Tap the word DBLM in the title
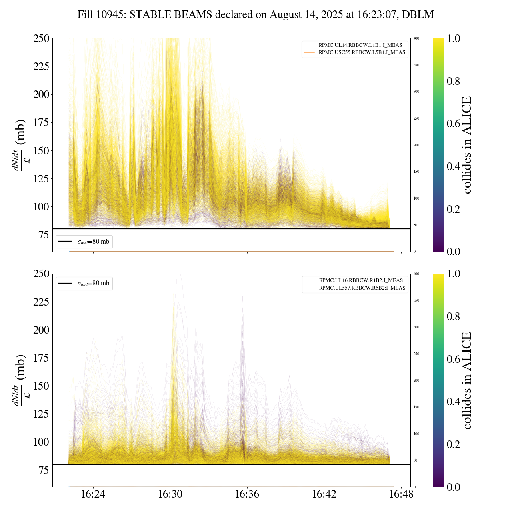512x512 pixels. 418,15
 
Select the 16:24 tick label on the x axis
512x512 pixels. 93,494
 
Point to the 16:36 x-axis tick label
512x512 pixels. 247,494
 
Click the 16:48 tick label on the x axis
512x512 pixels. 401,494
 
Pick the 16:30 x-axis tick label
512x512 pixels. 170,494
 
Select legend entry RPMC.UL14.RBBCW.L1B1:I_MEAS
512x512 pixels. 360,45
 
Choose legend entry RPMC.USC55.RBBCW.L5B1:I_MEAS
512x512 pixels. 362,52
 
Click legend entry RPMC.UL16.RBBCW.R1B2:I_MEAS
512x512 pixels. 361,280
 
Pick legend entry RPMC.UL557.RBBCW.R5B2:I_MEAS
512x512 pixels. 362,288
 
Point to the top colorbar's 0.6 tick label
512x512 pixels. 453,124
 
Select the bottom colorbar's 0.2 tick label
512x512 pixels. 453,444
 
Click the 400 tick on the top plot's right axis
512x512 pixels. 416,38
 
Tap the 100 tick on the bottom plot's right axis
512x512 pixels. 416,434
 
